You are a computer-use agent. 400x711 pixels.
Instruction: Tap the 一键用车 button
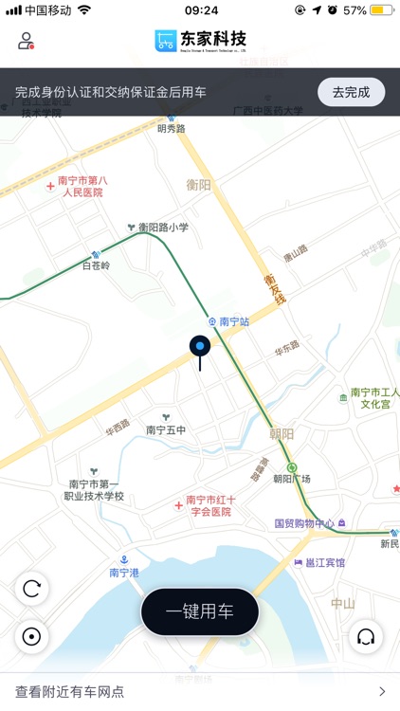coord(200,611)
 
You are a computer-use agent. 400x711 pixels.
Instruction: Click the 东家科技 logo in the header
coord(200,40)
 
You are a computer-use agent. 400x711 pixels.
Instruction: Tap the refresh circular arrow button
coord(32,590)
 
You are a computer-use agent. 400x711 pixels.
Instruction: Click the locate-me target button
coord(32,636)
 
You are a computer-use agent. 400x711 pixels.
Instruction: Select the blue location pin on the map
coord(200,348)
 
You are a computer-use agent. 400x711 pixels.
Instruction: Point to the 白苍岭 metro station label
coord(96,265)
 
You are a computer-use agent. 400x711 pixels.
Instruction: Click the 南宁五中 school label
coord(166,429)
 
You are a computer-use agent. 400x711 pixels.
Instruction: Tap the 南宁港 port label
coord(124,573)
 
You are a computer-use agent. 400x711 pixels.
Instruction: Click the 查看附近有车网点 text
coord(70,692)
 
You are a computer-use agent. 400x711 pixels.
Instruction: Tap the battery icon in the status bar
coord(382,10)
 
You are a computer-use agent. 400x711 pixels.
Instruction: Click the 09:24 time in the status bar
coord(200,10)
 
